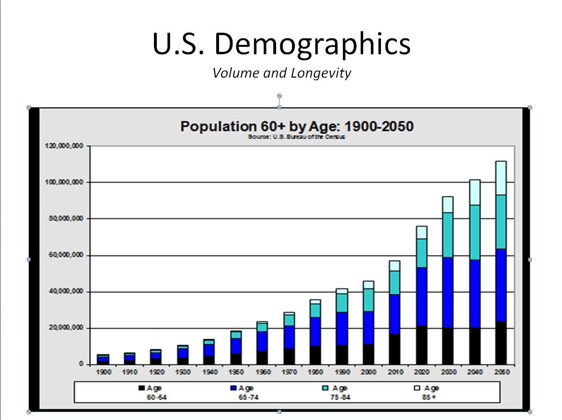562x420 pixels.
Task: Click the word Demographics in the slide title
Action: coord(312,44)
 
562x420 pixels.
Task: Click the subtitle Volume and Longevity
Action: coord(281,73)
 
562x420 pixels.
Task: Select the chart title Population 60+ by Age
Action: coord(297,127)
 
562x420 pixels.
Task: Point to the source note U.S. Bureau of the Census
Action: coord(297,137)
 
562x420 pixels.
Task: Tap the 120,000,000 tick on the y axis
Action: coord(65,146)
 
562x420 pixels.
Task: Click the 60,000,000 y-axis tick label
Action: coord(66,255)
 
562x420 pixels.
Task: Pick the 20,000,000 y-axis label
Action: coord(66,328)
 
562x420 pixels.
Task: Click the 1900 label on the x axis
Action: coord(103,372)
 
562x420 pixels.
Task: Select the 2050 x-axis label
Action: coord(501,372)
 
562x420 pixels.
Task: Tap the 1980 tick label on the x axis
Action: coord(315,372)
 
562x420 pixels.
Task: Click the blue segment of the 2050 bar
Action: coord(501,285)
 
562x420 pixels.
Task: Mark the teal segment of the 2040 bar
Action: coord(474,232)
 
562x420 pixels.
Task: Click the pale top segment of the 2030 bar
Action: coord(448,204)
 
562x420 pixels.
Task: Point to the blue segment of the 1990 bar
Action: coord(342,328)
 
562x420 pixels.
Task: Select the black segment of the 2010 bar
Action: coord(395,349)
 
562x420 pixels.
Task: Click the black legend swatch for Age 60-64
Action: coord(141,388)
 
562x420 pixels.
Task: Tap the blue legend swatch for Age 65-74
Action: coord(233,388)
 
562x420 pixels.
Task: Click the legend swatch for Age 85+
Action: coord(418,388)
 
